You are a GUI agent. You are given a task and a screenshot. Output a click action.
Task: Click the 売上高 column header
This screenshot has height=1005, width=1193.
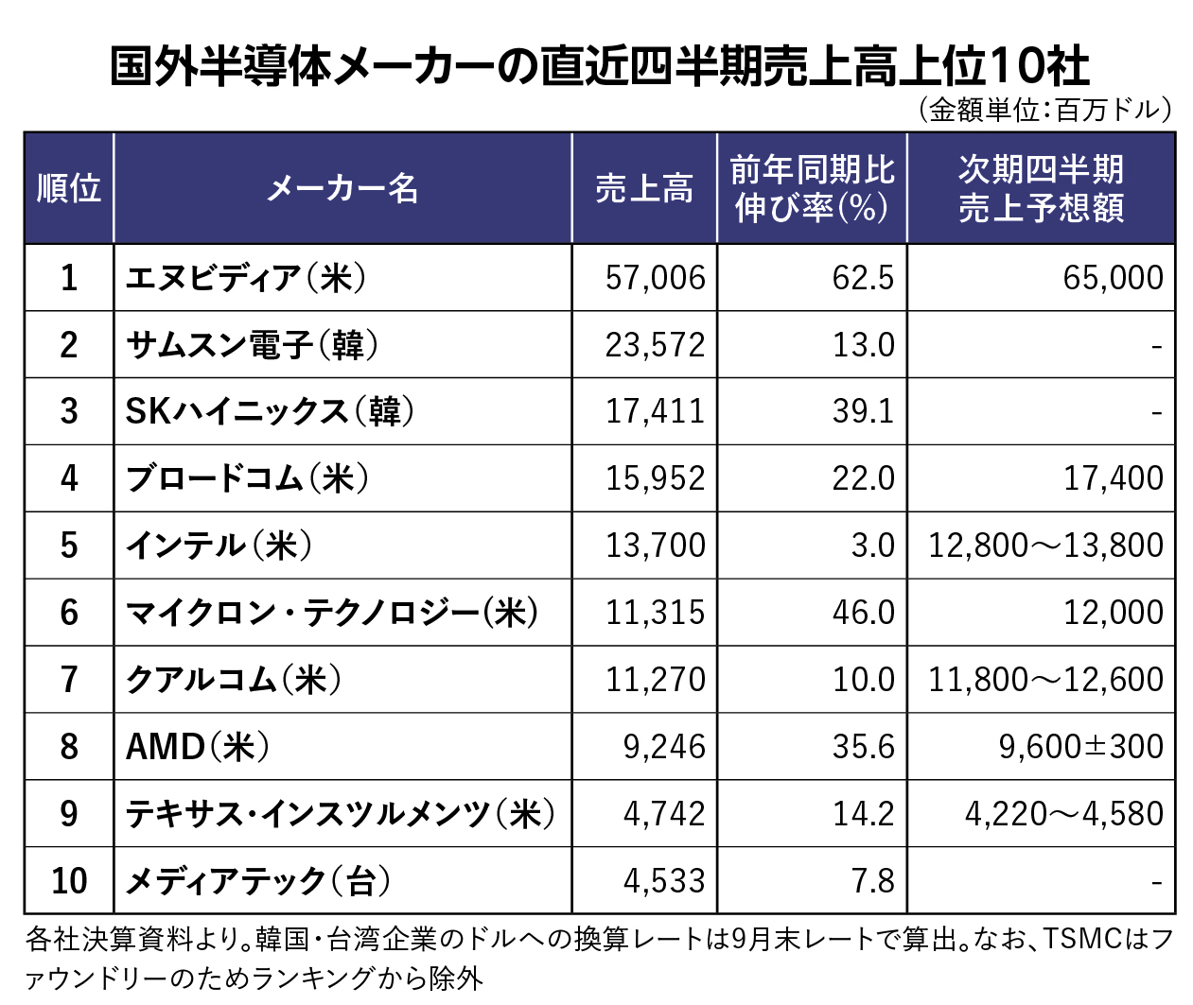pyautogui.click(x=643, y=188)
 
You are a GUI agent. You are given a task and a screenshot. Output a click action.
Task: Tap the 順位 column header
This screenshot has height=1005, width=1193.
pyautogui.click(x=69, y=188)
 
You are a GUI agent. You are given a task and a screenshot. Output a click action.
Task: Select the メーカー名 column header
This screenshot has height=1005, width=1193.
pyautogui.click(x=342, y=188)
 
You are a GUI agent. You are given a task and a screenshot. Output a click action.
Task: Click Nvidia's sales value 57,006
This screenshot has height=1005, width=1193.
pyautogui.click(x=655, y=278)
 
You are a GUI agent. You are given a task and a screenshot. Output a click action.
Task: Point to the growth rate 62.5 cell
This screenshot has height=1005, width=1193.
pyautogui.click(x=863, y=278)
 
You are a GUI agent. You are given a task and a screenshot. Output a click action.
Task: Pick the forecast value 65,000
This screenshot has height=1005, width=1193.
pyautogui.click(x=1113, y=278)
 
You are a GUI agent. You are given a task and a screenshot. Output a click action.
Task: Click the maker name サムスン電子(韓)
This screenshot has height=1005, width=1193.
pyautogui.click(x=252, y=345)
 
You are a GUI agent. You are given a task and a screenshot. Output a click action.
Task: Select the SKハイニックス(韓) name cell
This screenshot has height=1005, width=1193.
pyautogui.click(x=270, y=411)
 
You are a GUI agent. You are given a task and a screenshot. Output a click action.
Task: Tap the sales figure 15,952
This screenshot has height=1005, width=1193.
pyautogui.click(x=655, y=478)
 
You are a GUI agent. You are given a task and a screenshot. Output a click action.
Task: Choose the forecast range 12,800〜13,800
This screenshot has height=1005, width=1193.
pyautogui.click(x=1045, y=546)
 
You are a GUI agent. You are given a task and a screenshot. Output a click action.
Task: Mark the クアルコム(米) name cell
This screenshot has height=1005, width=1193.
pyautogui.click(x=234, y=680)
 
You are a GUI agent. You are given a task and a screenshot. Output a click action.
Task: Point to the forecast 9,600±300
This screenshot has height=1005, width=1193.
pyautogui.click(x=1080, y=747)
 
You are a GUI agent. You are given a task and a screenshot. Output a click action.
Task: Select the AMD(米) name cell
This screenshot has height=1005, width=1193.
pyautogui.click(x=198, y=747)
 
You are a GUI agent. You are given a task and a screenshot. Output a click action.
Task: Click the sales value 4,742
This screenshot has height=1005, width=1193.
pyautogui.click(x=664, y=814)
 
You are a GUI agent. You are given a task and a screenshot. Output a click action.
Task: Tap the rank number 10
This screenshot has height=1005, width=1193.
pyautogui.click(x=69, y=881)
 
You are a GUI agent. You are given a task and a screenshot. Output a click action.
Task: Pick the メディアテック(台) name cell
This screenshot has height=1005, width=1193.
pyautogui.click(x=258, y=881)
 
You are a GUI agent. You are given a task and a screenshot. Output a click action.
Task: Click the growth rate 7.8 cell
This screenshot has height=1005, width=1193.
pyautogui.click(x=872, y=881)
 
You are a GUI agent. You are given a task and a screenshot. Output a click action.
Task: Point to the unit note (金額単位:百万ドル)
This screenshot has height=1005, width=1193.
pyautogui.click(x=1045, y=110)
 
